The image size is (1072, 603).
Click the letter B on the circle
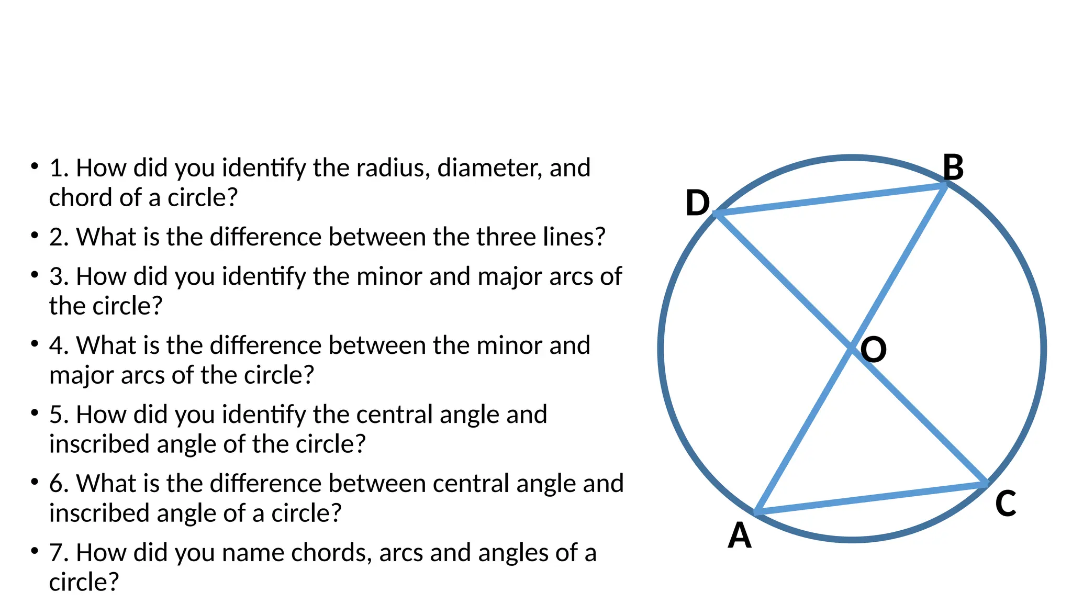click(x=953, y=168)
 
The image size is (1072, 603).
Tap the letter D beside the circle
click(x=697, y=203)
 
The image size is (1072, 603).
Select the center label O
click(x=874, y=350)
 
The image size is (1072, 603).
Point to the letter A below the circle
click(x=740, y=535)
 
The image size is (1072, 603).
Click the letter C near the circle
click(x=1006, y=504)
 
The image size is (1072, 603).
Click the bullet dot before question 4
click(x=35, y=343)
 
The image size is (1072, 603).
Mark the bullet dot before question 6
click(x=35, y=482)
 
